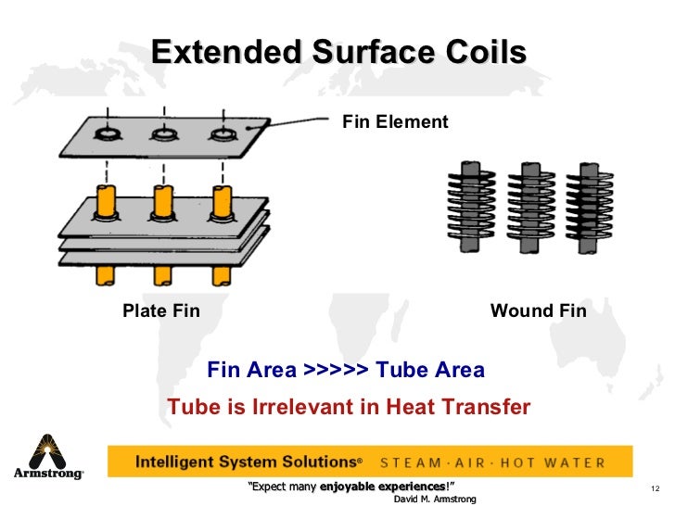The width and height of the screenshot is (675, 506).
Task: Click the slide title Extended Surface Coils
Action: click(x=338, y=52)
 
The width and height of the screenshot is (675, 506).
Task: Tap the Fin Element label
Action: click(x=395, y=121)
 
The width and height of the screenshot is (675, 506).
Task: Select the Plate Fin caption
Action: click(x=161, y=310)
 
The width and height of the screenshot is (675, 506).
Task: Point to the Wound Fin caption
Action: click(x=538, y=310)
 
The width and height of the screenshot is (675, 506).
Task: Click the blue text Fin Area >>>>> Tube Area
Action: click(x=346, y=371)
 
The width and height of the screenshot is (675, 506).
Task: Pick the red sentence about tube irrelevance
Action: click(x=348, y=407)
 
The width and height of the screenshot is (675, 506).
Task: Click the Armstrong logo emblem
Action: click(x=47, y=451)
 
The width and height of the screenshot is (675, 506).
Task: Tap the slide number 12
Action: click(x=654, y=488)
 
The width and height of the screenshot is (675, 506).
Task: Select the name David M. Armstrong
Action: click(x=435, y=499)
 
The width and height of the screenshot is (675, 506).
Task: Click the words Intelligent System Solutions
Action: click(x=247, y=462)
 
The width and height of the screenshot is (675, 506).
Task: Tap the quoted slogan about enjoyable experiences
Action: click(x=353, y=487)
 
